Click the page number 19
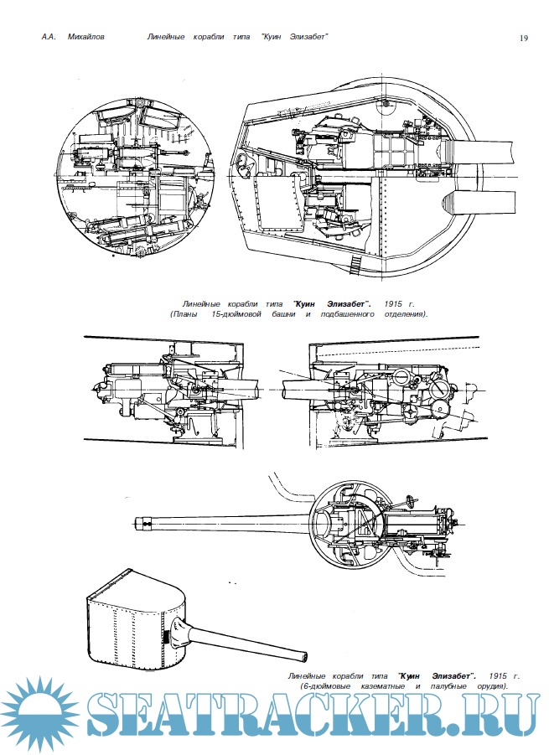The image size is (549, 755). (523, 37)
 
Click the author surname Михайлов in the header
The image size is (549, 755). (87, 37)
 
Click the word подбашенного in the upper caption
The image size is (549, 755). (363, 313)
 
